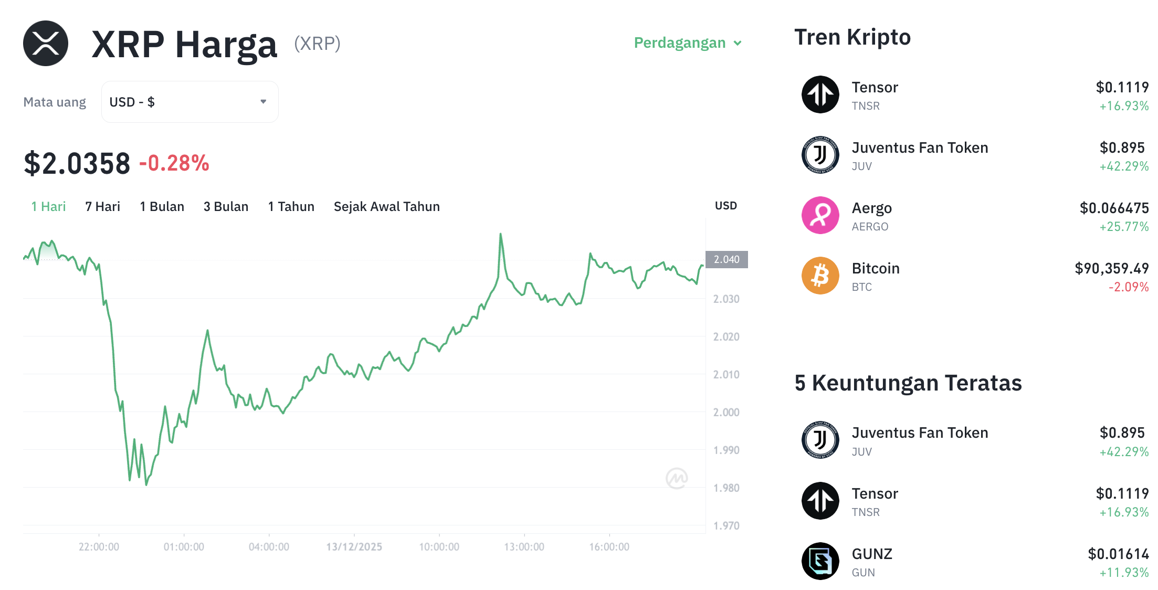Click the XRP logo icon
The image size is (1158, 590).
coord(46,44)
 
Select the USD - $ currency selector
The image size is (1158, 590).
coord(190,102)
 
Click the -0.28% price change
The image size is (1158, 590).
coord(174,163)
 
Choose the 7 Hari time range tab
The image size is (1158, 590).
coord(102,207)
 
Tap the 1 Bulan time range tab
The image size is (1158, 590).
coord(162,207)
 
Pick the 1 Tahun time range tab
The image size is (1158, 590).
coord(291,207)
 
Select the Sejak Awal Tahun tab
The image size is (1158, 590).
coord(386,207)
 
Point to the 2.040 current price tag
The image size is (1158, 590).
coord(727,260)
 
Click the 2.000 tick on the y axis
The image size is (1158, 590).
coord(726,413)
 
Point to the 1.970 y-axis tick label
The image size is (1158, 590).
coord(726,526)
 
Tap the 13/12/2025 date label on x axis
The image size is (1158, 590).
coord(354,547)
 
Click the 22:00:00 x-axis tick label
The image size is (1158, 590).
coord(99,547)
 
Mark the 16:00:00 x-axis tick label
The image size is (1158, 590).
coord(609,547)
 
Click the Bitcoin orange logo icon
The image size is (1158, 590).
coord(820,276)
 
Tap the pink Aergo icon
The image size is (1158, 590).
coord(820,215)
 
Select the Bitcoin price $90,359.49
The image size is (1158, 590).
coord(1111,269)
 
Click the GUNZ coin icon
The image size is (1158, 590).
coord(820,561)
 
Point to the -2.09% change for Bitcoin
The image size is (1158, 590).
coord(1128,287)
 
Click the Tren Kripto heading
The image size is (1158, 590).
coord(852,37)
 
